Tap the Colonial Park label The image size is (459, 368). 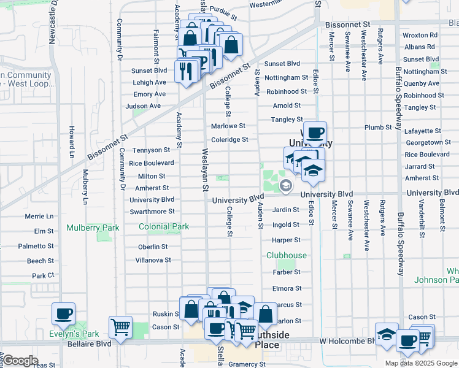pyautogui.click(x=164, y=226)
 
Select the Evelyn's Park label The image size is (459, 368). pyautogui.click(x=75, y=334)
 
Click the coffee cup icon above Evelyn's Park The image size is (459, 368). pyautogui.click(x=64, y=314)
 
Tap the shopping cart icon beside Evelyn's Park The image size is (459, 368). pyautogui.click(x=120, y=327)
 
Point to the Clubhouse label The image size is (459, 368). pyautogui.click(x=286, y=255)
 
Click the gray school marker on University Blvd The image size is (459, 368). pyautogui.click(x=285, y=185)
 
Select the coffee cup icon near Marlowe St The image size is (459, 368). pyautogui.click(x=315, y=132)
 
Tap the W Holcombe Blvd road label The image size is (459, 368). pyautogui.click(x=345, y=340)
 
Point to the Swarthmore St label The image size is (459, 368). pyautogui.click(x=152, y=212)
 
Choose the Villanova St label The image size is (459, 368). pyautogui.click(x=153, y=260)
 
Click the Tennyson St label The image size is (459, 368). pyautogui.click(x=151, y=150)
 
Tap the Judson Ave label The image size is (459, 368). pyautogui.click(x=143, y=105)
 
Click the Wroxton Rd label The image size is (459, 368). pyautogui.click(x=420, y=36)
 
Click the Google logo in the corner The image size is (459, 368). pyautogui.click(x=20, y=360)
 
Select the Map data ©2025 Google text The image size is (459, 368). pyautogui.click(x=421, y=363)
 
